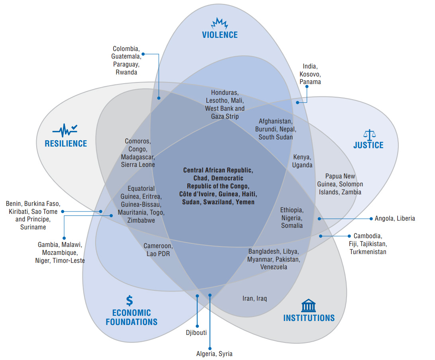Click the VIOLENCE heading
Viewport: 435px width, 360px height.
(219, 35)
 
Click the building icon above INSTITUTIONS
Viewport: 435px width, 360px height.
(309, 306)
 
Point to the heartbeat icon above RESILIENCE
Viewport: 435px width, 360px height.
(65, 130)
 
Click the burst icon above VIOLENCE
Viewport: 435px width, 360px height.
(219, 23)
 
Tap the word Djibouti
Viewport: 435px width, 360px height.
(196, 333)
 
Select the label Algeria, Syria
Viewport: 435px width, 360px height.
(214, 354)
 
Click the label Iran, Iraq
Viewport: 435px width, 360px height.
(255, 298)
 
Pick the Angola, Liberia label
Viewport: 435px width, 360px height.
(395, 218)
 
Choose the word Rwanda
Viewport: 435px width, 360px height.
(126, 72)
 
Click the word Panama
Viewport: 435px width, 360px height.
(310, 82)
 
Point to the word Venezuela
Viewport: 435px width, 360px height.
(274, 267)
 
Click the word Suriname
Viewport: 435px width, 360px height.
(33, 227)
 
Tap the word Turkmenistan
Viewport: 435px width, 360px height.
(368, 252)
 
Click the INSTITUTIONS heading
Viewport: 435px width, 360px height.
(309, 318)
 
